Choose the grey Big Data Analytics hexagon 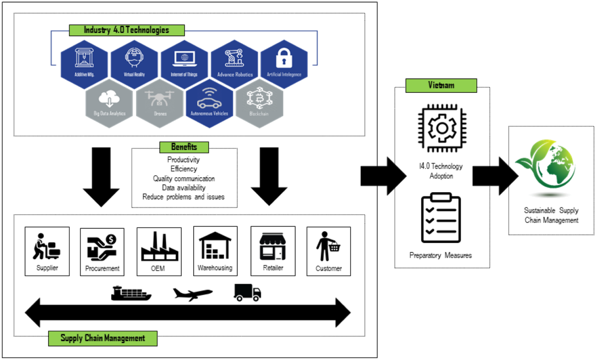point(109,103)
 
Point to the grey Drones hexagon point(159,103)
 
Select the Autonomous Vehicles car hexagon point(209,103)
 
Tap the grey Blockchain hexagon point(259,103)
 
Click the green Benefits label point(184,147)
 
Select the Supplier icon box point(47,251)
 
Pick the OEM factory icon point(159,248)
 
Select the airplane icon point(193,293)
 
